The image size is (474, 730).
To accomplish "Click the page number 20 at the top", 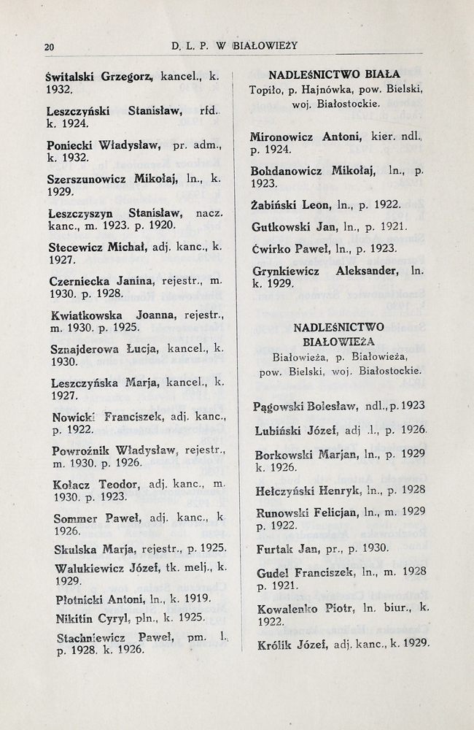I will pos(49,47).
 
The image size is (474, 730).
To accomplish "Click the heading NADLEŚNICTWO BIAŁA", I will pos(334,75).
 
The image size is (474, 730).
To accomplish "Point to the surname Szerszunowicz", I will pos(88,179).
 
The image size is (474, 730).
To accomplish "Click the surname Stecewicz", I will pos(74,247).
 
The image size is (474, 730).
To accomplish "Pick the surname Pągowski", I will pos(280,406).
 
